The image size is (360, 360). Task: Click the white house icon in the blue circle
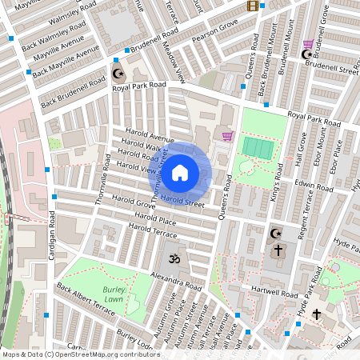pyautogui.click(x=180, y=172)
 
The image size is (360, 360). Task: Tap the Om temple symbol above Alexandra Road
pyautogui.click(x=170, y=258)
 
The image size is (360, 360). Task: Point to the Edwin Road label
pyautogui.click(x=314, y=186)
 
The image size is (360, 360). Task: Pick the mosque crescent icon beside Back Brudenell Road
pyautogui.click(x=119, y=74)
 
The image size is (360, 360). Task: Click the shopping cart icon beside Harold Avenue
pyautogui.click(x=227, y=135)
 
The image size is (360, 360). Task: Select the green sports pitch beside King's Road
pyautogui.click(x=257, y=148)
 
